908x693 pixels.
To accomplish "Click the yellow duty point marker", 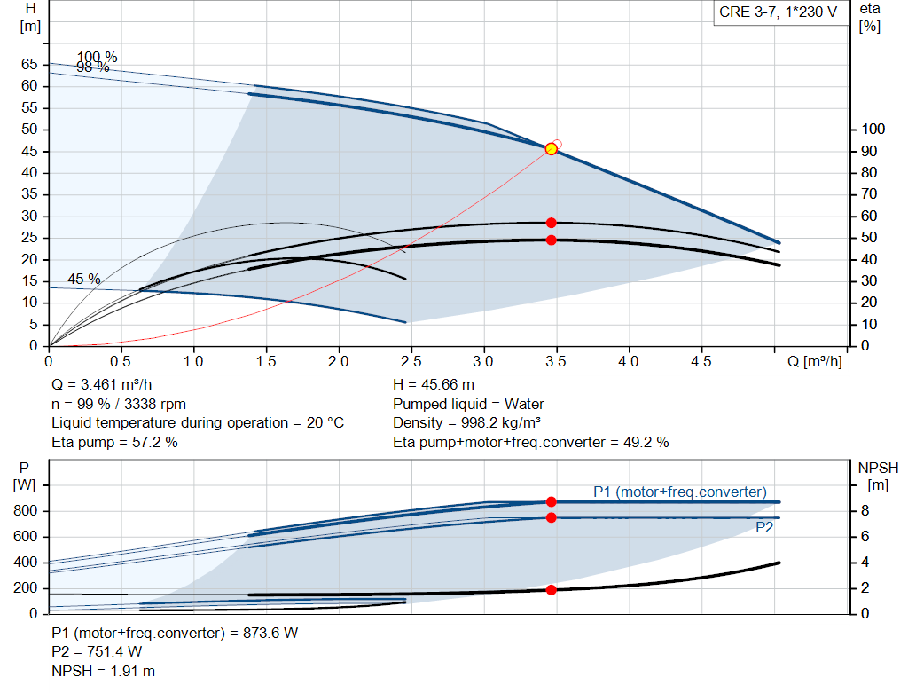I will (x=551, y=148).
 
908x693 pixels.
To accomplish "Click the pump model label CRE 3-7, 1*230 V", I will (x=779, y=13).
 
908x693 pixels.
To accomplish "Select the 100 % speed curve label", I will (x=97, y=58).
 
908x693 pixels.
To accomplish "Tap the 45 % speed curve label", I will (x=84, y=279).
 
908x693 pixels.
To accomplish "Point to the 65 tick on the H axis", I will (x=29, y=65).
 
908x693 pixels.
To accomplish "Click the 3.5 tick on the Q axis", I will (x=555, y=362).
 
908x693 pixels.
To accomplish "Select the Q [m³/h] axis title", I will (x=812, y=362).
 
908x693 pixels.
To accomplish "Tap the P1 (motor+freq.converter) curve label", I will (x=680, y=492).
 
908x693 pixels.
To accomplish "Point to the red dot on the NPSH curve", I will (x=551, y=590).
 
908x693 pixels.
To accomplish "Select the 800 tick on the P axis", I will (x=25, y=511).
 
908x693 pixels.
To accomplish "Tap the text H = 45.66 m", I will (x=433, y=385).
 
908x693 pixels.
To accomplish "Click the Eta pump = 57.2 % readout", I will (x=114, y=442).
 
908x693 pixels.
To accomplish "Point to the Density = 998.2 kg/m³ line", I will (x=466, y=423).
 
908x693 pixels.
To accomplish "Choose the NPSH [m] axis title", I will (x=878, y=476).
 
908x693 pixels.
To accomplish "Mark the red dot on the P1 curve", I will (x=551, y=502).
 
